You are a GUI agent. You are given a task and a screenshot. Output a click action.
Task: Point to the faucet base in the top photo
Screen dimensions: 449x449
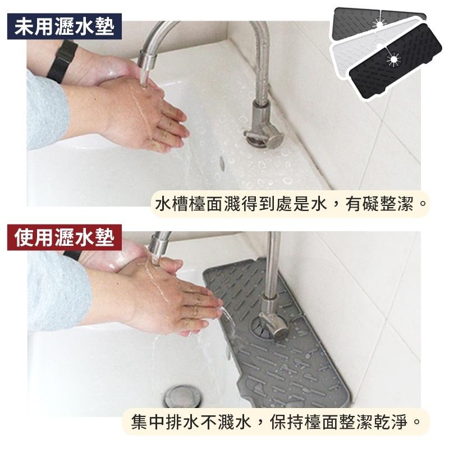point(260,135)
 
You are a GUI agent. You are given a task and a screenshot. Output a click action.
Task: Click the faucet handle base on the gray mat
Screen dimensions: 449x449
point(269,326)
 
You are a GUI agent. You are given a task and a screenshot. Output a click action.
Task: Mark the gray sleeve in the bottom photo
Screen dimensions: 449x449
point(51,292)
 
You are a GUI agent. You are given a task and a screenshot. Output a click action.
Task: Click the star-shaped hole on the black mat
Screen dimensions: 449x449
point(393,58)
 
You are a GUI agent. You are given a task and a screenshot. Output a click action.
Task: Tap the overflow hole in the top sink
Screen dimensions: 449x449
point(222,163)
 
